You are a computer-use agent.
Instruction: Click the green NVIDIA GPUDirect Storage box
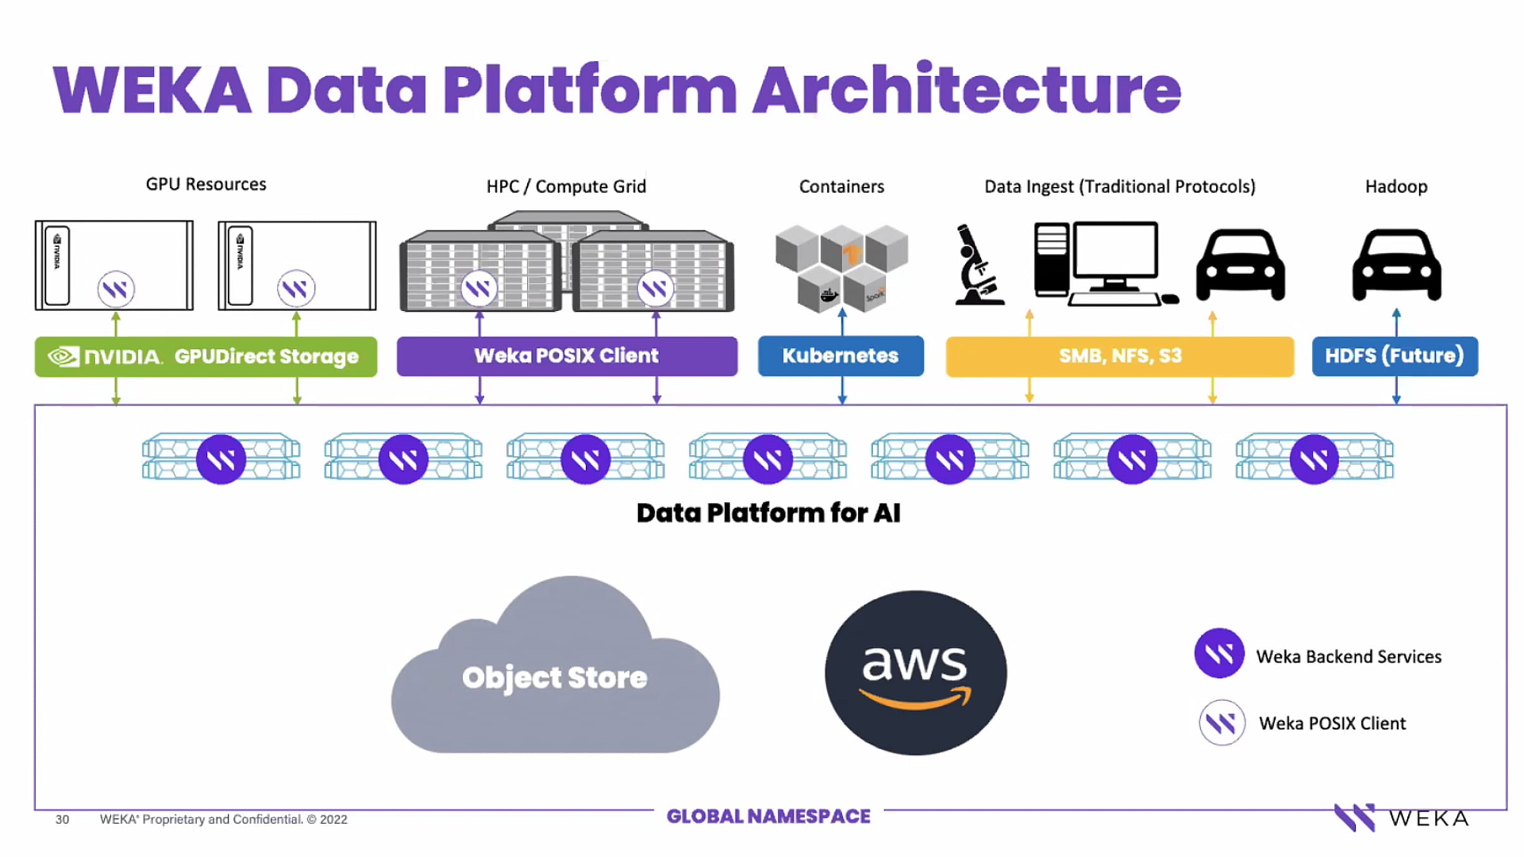pos(206,357)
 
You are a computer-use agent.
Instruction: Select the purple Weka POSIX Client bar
pos(566,356)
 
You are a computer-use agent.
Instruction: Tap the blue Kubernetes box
pos(840,356)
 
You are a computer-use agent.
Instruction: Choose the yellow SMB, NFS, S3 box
pos(1120,356)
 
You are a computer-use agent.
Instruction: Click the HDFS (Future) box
pos(1394,356)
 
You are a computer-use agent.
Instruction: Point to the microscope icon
pos(978,265)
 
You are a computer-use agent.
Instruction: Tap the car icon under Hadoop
pos(1396,265)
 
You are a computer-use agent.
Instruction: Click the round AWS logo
pos(915,673)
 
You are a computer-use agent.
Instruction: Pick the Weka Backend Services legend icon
pos(1219,654)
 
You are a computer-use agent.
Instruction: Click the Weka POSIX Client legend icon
pos(1221,722)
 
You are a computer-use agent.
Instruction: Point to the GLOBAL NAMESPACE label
pos(768,816)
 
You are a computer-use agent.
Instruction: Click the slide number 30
pos(62,820)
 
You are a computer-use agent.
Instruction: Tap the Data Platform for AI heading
pos(768,513)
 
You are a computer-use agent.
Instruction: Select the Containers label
pos(841,187)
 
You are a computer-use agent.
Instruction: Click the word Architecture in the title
pos(966,90)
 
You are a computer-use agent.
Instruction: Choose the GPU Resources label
pos(206,184)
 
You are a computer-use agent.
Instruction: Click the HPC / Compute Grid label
pos(566,187)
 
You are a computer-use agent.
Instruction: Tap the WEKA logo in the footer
pos(1401,818)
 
